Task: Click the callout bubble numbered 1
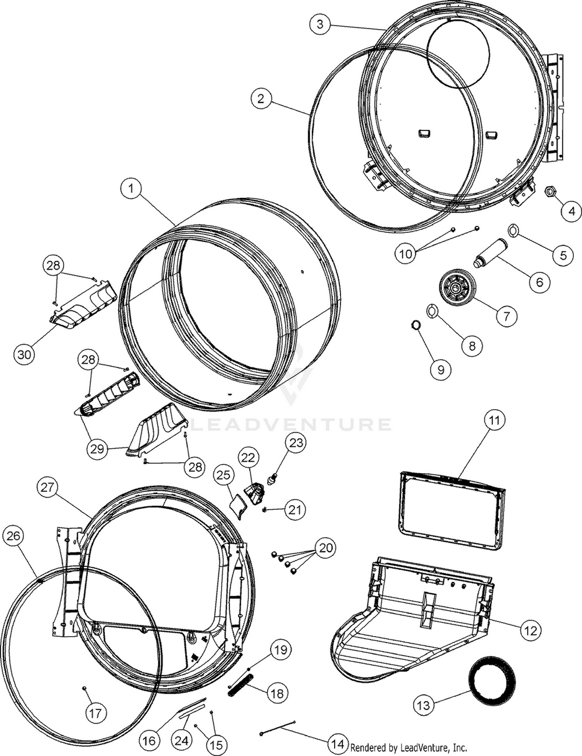[132, 189]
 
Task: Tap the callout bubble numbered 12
[530, 630]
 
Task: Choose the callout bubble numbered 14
[336, 743]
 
